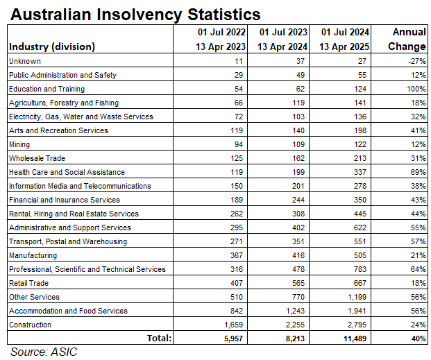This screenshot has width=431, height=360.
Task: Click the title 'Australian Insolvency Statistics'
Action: pyautogui.click(x=135, y=14)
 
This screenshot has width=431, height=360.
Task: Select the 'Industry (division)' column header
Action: pyautogui.click(x=52, y=47)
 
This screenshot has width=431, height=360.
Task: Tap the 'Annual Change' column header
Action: pyautogui.click(x=409, y=40)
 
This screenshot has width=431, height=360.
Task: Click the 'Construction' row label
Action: pyautogui.click(x=29, y=325)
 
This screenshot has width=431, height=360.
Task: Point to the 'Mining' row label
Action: pyautogui.click(x=19, y=144)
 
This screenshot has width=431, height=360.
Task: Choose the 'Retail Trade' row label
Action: pyautogui.click(x=30, y=283)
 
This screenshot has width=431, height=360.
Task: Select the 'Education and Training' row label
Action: pyautogui.click(x=47, y=89)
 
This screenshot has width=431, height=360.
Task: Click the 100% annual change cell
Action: pyautogui.click(x=414, y=89)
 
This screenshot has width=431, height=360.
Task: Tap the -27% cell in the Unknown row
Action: pyautogui.click(x=416, y=61)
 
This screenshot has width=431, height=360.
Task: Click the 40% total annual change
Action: pyautogui.click(x=417, y=338)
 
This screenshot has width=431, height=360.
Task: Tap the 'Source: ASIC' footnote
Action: pyautogui.click(x=44, y=352)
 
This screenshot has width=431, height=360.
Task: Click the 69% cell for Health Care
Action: pyautogui.click(x=417, y=172)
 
